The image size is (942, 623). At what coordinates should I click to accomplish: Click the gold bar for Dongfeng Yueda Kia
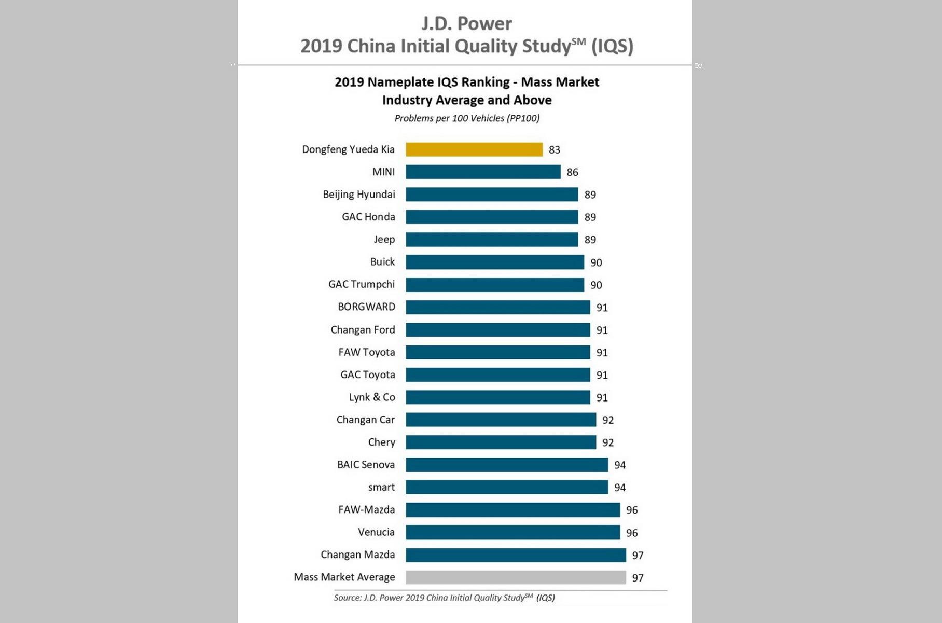pyautogui.click(x=474, y=149)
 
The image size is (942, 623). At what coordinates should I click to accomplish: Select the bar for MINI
pyautogui.click(x=483, y=172)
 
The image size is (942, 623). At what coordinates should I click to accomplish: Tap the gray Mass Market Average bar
pyautogui.click(x=516, y=577)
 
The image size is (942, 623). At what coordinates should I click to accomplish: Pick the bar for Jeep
pyautogui.click(x=492, y=240)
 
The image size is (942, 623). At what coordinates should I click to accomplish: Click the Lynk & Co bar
pyautogui.click(x=497, y=397)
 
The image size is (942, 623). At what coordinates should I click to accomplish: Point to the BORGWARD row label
pyautogui.click(x=366, y=307)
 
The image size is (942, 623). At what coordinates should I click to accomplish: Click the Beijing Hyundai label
pyautogui.click(x=358, y=195)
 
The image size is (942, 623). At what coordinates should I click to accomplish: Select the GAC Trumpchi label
pyautogui.click(x=361, y=284)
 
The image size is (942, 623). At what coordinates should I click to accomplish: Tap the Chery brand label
pyautogui.click(x=381, y=442)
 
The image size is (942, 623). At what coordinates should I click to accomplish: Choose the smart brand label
pyautogui.click(x=381, y=487)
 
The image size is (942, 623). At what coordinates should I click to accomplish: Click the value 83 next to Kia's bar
pyautogui.click(x=554, y=150)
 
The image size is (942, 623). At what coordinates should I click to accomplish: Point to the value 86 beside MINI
pyautogui.click(x=572, y=172)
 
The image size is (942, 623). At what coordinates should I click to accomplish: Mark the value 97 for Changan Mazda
pyautogui.click(x=638, y=556)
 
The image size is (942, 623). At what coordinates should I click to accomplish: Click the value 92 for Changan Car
pyautogui.click(x=607, y=420)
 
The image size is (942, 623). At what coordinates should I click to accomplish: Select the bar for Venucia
pyautogui.click(x=512, y=532)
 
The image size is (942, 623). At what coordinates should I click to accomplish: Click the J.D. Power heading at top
pyautogui.click(x=466, y=24)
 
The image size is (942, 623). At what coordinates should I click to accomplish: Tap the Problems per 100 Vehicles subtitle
pyautogui.click(x=467, y=118)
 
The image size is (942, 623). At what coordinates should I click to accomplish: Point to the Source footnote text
pyautogui.click(x=444, y=598)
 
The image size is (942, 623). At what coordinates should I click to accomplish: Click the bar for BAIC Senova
pyautogui.click(x=506, y=465)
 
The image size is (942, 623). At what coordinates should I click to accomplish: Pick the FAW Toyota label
pyautogui.click(x=366, y=352)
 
